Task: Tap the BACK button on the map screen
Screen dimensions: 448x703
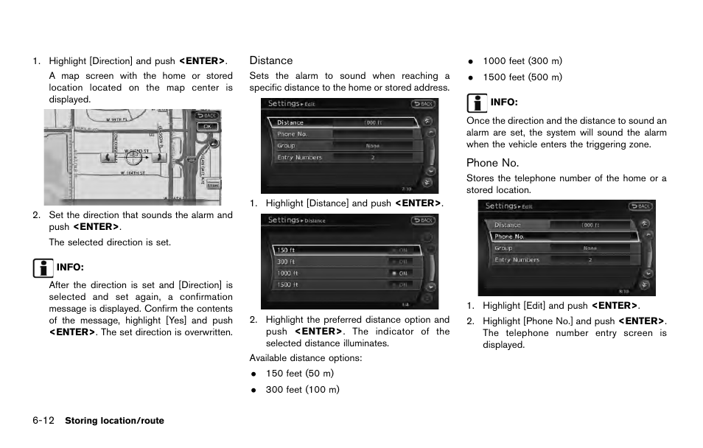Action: coord(209,115)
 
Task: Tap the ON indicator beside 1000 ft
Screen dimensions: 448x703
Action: coord(402,273)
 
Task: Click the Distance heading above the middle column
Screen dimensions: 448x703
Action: coord(270,60)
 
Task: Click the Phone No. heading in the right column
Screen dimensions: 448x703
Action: coord(492,163)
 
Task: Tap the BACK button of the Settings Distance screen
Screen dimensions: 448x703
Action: coord(423,220)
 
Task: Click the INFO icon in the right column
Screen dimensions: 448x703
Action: coord(475,102)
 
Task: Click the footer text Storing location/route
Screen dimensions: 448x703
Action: coord(114,421)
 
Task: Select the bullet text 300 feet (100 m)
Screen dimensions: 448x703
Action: coord(302,389)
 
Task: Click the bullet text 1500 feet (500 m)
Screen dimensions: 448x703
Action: coord(522,77)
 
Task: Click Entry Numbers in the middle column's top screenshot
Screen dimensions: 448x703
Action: coord(299,157)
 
